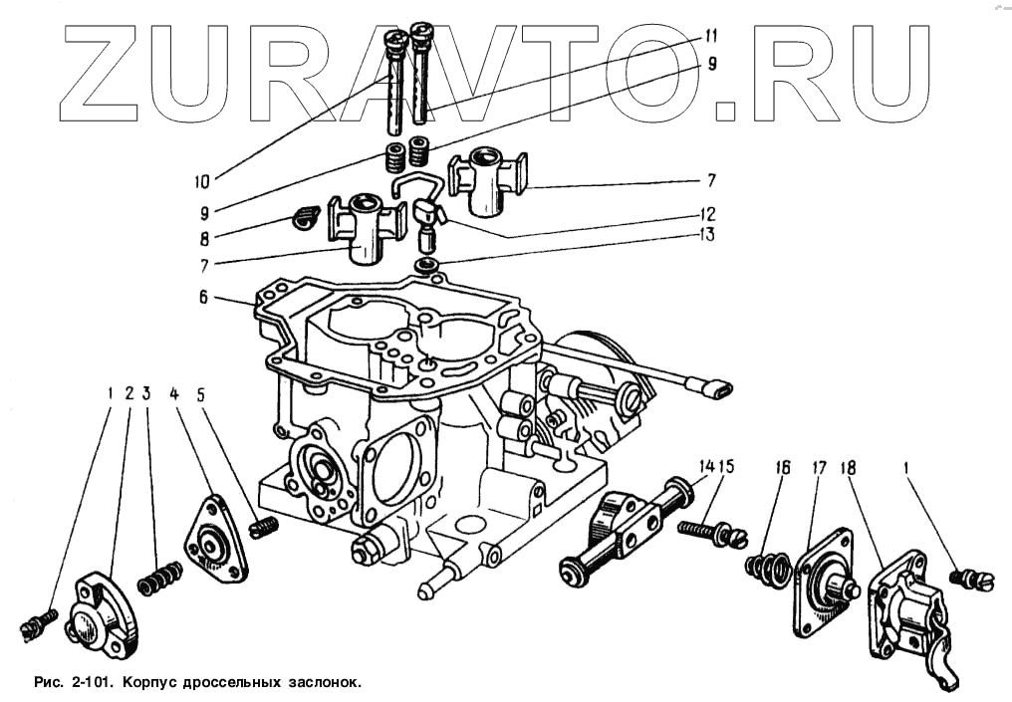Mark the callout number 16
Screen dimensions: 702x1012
[x=783, y=467]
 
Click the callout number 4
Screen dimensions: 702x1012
[x=175, y=393]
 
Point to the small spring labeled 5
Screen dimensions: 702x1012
[x=264, y=527]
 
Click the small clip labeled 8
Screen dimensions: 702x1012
[x=303, y=215]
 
